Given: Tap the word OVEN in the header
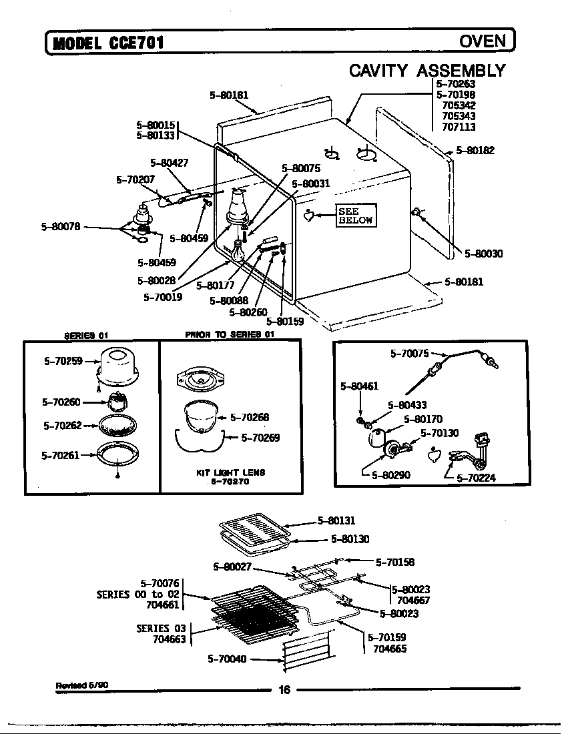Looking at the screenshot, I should click(x=483, y=41).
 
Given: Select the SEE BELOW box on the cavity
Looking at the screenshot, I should click(x=355, y=216).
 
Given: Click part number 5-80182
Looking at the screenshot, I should click(x=475, y=151).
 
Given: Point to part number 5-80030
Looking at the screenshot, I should click(x=484, y=254).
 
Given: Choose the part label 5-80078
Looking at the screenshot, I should click(x=61, y=227).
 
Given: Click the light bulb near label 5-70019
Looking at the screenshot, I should click(x=237, y=252).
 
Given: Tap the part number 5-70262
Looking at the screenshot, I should click(x=62, y=426).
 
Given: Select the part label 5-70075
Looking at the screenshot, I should click(x=409, y=354).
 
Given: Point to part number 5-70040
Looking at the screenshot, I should click(x=228, y=659).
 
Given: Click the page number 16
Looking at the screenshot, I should click(x=284, y=691).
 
